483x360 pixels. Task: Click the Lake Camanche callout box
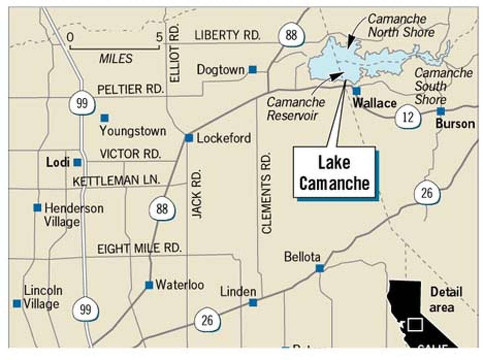(x=334, y=173)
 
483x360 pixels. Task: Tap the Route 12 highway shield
(x=408, y=117)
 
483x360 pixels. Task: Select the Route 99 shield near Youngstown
(x=82, y=104)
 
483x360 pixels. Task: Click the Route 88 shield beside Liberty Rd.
(x=291, y=35)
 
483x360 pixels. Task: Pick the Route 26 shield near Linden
(x=207, y=321)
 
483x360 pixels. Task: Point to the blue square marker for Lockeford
(x=189, y=138)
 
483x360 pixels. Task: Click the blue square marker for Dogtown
(x=253, y=70)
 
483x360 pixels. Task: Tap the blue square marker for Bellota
(x=320, y=268)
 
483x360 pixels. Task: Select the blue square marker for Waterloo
(x=149, y=285)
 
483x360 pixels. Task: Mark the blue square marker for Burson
(x=441, y=111)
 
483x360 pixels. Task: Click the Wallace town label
(x=374, y=103)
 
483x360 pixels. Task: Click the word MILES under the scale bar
(x=116, y=59)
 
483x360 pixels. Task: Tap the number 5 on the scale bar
(x=159, y=37)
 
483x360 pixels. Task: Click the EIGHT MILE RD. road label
(x=139, y=249)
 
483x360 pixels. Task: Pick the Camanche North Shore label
(x=401, y=25)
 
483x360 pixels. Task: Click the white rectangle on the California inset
(x=415, y=325)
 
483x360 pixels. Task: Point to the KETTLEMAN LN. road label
(x=116, y=181)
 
